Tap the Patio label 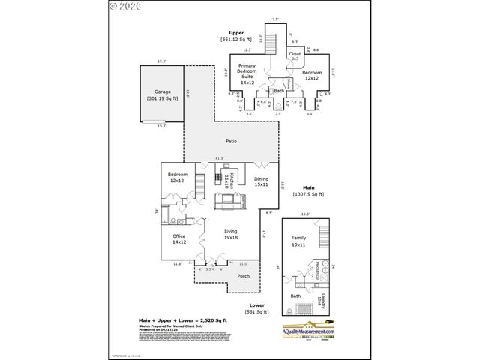[x=232, y=141]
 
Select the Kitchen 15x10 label [x=232, y=181]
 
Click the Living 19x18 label [x=231, y=234]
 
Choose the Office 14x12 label [x=179, y=238]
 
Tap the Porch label [x=244, y=275]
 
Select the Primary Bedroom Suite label [x=247, y=73]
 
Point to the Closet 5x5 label [x=295, y=56]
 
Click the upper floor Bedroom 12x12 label [x=312, y=75]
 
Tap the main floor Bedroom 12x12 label [x=178, y=178]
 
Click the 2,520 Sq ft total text [x=199, y=319]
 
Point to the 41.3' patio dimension [x=220, y=159]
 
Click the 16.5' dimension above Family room [x=305, y=214]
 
